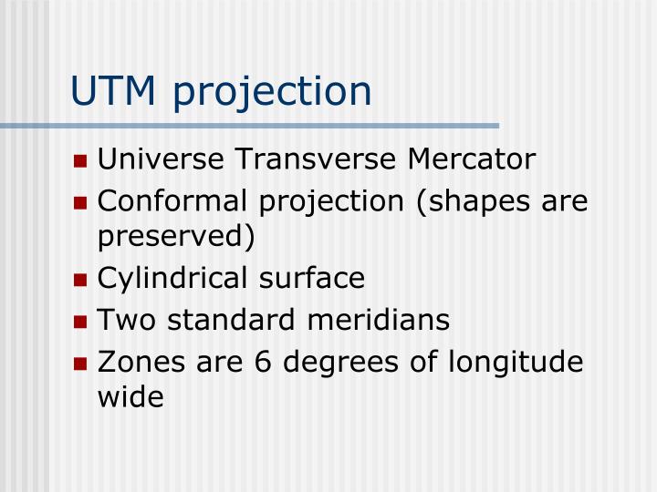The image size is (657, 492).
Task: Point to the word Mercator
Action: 471,159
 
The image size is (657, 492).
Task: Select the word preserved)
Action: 176,236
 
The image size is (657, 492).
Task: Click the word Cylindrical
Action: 170,278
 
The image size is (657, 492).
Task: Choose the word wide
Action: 130,396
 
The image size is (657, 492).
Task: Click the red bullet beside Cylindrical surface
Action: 80,280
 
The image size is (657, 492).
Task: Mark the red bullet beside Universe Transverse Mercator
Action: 80,161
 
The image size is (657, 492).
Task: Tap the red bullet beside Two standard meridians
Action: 80,322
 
